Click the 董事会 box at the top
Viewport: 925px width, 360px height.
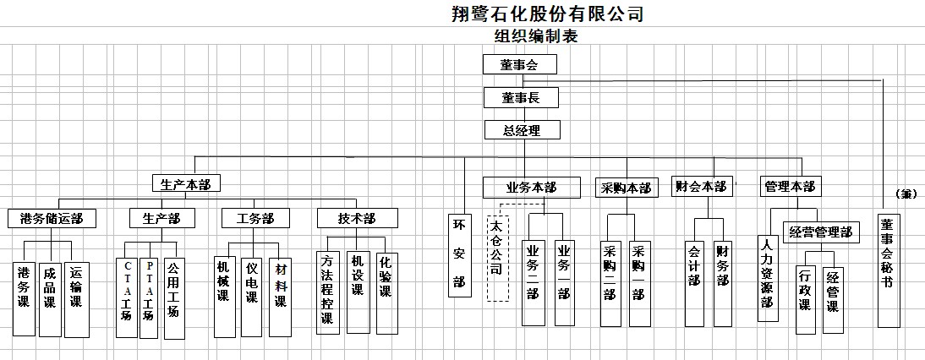point(520,64)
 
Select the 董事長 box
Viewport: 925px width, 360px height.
point(521,98)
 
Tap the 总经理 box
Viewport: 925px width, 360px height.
point(522,129)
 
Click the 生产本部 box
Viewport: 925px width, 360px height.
point(185,183)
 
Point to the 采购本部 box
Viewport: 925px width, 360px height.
point(627,188)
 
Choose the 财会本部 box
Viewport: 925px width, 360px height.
point(702,187)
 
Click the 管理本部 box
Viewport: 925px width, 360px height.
point(790,187)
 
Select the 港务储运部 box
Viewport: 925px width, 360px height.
point(52,219)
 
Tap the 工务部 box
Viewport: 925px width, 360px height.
point(255,219)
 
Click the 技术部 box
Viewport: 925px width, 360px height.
point(358,219)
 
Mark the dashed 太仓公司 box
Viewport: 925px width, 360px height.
point(498,259)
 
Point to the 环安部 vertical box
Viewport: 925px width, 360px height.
point(460,254)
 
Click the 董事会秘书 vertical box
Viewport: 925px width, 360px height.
point(889,270)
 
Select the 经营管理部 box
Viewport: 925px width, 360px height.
point(821,232)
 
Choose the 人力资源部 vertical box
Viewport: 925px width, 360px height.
point(768,278)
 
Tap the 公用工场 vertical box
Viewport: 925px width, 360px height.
point(174,298)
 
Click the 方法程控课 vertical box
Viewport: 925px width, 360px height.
point(327,293)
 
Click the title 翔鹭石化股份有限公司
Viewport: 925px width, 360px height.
point(547,13)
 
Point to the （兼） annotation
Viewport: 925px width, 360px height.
point(906,194)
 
